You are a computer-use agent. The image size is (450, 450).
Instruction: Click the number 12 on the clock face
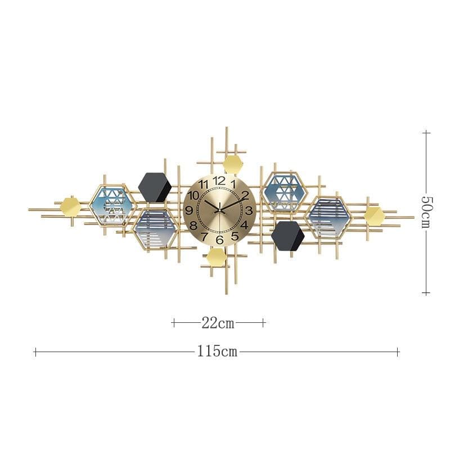tap(219, 181)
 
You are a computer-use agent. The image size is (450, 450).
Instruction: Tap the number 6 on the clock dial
tap(219, 240)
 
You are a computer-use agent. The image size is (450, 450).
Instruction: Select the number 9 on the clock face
tap(190, 210)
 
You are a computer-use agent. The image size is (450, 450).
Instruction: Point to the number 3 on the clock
tap(249, 210)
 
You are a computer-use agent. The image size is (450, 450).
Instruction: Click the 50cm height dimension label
tap(426, 212)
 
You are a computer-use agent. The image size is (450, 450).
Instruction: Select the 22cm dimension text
tap(218, 323)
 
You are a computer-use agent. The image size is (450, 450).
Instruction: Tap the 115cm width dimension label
tap(217, 352)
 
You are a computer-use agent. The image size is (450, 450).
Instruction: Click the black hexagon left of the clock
tap(154, 187)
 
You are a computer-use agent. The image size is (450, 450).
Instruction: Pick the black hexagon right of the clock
tap(287, 236)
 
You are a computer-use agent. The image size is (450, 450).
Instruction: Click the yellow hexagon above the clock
tap(233, 165)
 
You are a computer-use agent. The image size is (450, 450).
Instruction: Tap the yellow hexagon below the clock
tap(217, 257)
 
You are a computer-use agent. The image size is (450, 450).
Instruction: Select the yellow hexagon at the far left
tap(70, 206)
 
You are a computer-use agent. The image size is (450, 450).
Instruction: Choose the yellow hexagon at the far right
tap(374, 215)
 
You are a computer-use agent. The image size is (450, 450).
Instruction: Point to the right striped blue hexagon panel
tap(328, 216)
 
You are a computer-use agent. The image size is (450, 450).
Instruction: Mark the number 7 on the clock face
tap(204, 236)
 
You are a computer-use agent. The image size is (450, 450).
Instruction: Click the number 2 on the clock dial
tap(245, 195)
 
